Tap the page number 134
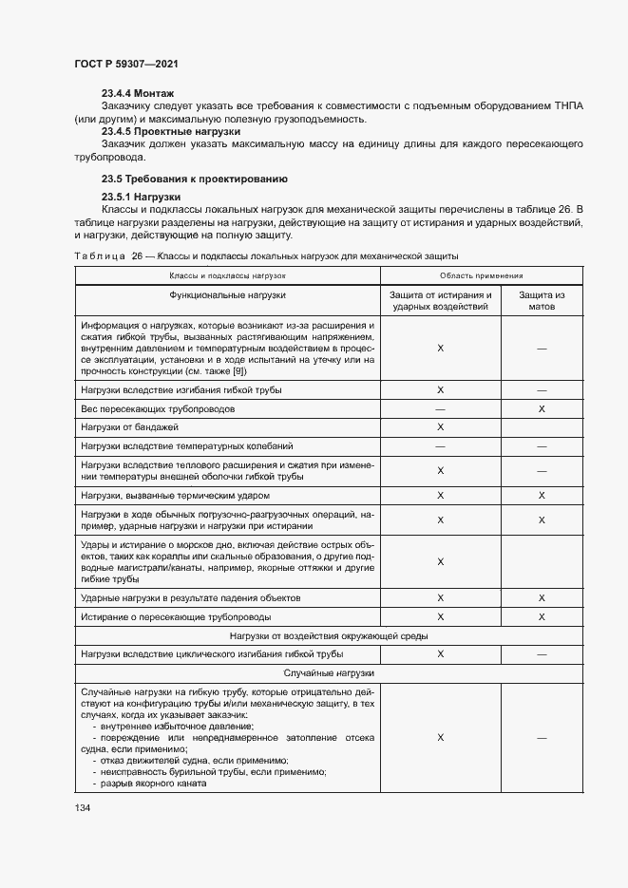[83, 807]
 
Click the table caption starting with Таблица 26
[266, 256]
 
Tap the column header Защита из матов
[542, 301]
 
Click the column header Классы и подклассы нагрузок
[227, 274]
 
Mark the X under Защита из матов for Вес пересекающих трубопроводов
[542, 408]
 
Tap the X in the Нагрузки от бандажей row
[440, 427]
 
